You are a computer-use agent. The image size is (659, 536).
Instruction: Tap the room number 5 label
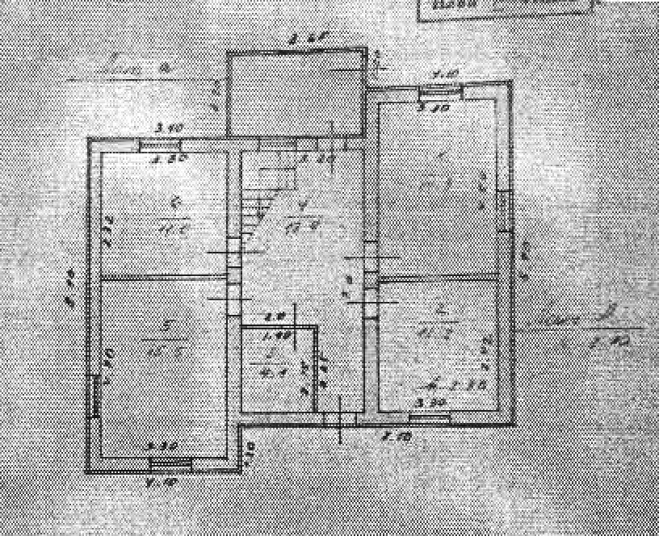point(165,327)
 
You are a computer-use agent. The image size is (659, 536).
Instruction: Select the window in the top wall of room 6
point(162,145)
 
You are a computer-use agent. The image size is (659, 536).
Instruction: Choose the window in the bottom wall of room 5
point(170,463)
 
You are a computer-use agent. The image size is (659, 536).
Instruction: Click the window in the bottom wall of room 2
point(429,417)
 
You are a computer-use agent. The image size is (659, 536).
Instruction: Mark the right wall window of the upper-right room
point(504,210)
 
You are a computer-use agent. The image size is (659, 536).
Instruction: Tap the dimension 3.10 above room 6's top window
point(170,128)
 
